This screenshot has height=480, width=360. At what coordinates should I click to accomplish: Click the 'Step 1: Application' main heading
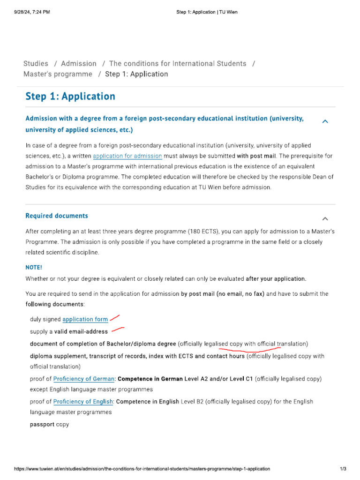pos(70,97)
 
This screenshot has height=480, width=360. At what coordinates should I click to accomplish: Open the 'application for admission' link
pos(127,156)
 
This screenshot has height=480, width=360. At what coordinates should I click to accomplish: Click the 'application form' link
pos(85,319)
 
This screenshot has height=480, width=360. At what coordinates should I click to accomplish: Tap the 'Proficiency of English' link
pos(83,402)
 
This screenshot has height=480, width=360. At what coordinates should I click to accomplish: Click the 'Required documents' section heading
pos(56,216)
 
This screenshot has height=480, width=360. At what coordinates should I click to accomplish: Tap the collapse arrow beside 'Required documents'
pos(325,219)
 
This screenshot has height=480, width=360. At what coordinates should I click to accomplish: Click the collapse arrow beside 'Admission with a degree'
pos(325,122)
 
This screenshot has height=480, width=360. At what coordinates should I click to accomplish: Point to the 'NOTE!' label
pos(34,267)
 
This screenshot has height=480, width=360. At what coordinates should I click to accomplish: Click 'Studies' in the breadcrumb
pos(36,64)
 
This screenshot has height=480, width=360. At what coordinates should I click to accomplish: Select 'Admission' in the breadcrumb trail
pos(79,64)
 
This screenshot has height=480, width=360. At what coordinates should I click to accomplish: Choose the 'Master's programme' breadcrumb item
pos(58,74)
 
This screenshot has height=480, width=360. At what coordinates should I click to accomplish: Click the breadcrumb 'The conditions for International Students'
pos(178,64)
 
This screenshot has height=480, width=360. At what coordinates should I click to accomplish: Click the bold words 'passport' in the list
pos(42,425)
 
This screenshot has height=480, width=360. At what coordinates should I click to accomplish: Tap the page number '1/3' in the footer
pos(343,469)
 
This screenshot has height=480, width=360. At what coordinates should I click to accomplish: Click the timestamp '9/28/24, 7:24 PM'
pos(32,12)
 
